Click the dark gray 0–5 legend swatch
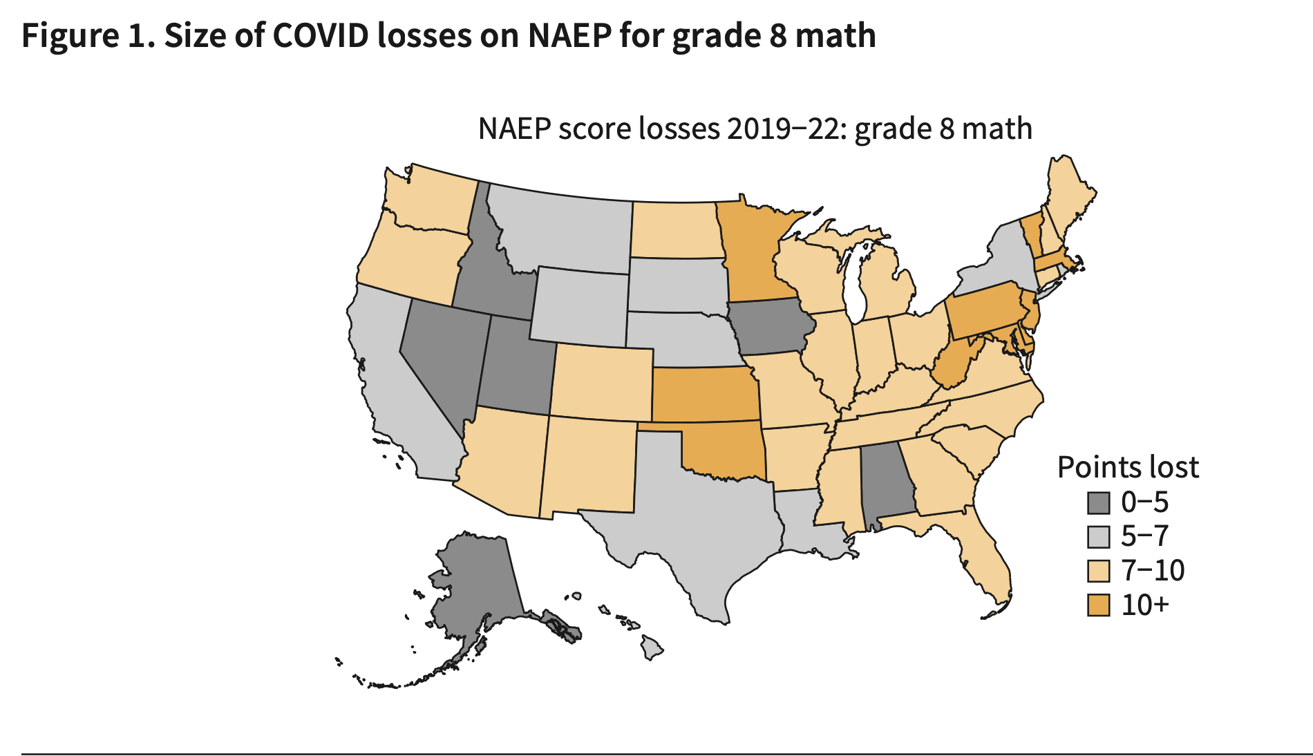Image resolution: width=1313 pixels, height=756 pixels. tap(1098, 502)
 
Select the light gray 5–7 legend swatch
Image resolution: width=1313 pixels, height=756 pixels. tap(1098, 537)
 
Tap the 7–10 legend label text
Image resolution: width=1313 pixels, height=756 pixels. tap(1152, 571)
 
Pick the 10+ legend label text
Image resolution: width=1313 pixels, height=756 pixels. tap(1144, 605)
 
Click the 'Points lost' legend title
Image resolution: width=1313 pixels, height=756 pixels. tap(1127, 468)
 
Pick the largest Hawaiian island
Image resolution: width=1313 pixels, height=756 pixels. tap(651, 648)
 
